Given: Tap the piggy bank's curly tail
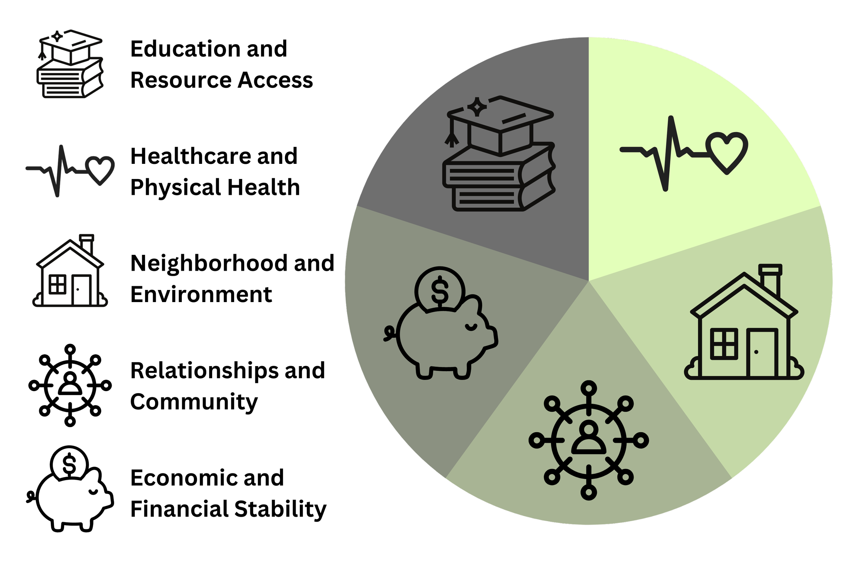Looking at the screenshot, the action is [x=388, y=334].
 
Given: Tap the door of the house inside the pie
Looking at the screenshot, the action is [x=762, y=353].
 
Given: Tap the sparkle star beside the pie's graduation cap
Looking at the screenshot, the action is [x=477, y=107].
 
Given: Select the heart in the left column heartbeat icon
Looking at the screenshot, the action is [x=101, y=170].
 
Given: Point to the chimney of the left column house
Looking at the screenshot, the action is [x=87, y=244].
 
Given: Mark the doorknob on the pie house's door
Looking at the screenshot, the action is [x=756, y=352].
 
